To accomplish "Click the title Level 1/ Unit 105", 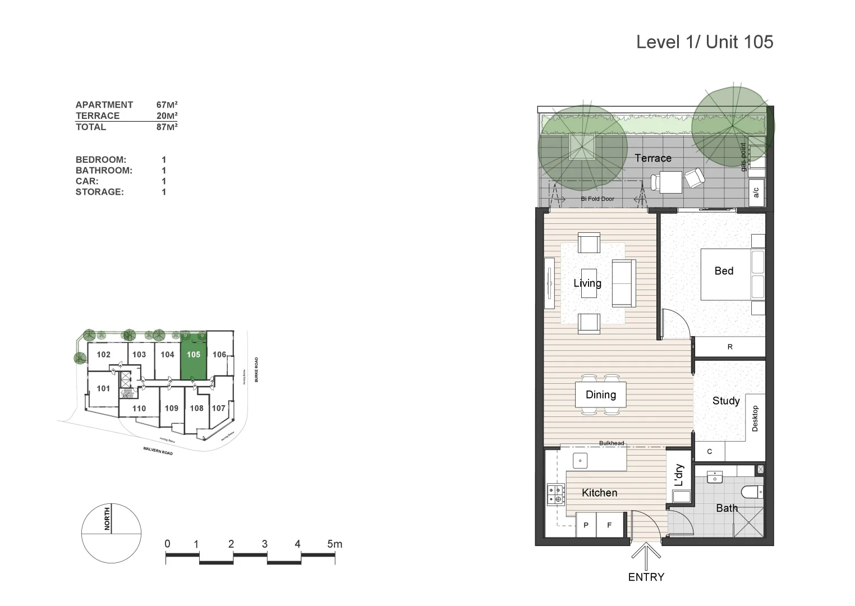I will [x=704, y=42].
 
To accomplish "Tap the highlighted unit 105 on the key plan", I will [x=194, y=359].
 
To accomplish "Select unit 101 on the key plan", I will [x=103, y=388].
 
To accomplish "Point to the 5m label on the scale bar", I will [x=334, y=544].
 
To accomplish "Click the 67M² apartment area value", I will [x=167, y=105].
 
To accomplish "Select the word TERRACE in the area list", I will [x=98, y=116].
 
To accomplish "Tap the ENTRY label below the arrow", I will [x=646, y=577].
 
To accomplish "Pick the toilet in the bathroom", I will [x=752, y=492].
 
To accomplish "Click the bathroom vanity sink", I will [x=715, y=478].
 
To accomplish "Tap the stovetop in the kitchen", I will [x=556, y=494].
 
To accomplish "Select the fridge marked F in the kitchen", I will [x=609, y=526].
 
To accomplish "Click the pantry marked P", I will [x=586, y=526].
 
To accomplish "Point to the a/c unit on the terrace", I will [x=756, y=192].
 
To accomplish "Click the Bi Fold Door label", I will [x=597, y=199].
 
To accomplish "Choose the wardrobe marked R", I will [x=730, y=347].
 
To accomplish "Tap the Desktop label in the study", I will [x=755, y=419].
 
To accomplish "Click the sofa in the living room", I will [x=623, y=283].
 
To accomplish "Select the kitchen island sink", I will [x=580, y=461].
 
